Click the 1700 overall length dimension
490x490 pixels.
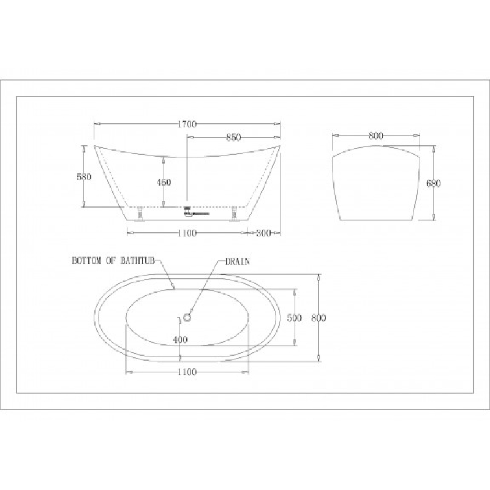coord(187,124)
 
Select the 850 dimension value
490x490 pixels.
coord(233,137)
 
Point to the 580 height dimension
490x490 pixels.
coord(84,176)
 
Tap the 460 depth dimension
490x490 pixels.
coord(164,182)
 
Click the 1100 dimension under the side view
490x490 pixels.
coord(187,233)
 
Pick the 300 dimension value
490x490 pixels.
coord(263,233)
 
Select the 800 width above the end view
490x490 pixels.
coord(376,135)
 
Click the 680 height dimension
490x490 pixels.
coord(434,183)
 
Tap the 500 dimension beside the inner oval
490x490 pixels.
coord(295,318)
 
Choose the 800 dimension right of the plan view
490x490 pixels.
coord(318,318)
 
